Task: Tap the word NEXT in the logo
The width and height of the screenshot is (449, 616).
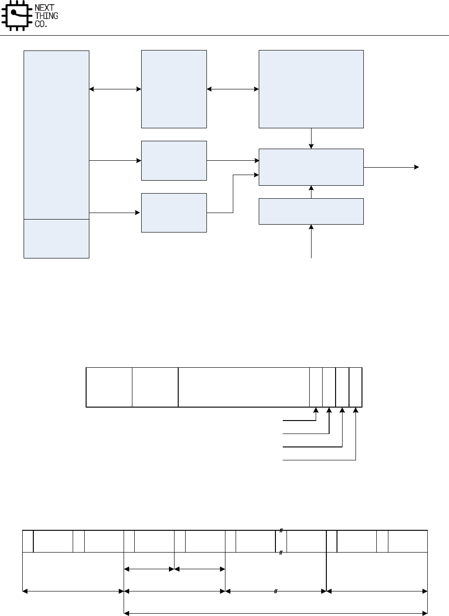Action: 44,8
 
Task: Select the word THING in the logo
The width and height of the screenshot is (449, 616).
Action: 47,16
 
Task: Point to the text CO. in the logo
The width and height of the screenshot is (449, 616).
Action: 41,24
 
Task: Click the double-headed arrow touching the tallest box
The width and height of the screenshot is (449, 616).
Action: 115,89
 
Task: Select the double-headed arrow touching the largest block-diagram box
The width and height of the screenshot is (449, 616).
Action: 232,89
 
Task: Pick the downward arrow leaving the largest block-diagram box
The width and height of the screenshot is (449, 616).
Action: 311,138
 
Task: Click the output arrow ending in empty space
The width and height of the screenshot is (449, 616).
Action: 391,167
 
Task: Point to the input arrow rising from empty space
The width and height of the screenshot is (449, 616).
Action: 311,241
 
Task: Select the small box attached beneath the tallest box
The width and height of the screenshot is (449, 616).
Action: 56,239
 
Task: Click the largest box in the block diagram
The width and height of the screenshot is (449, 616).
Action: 311,89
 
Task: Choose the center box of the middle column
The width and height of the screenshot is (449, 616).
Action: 174,160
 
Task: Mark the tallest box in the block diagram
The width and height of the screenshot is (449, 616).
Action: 56,134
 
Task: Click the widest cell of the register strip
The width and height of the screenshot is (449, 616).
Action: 243,387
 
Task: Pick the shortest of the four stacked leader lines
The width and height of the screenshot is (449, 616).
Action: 299,421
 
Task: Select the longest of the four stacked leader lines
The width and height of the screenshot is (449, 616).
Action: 319,460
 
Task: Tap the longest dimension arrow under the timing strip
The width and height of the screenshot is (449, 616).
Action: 275,613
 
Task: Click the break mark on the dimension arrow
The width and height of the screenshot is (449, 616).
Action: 275,591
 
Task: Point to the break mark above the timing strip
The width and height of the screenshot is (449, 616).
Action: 281,530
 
